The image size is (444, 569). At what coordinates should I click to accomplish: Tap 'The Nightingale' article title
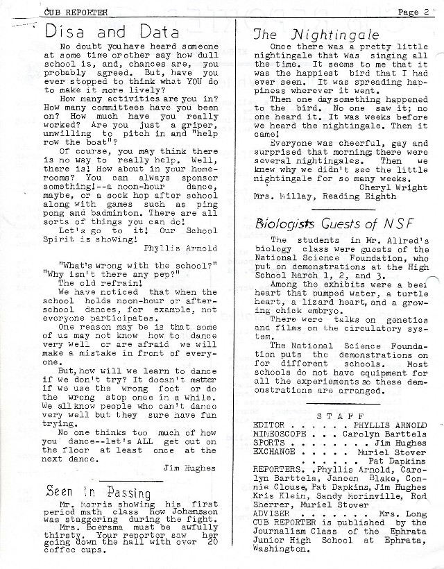(x=307, y=33)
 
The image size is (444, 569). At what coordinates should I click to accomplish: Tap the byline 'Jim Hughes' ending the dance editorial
(x=190, y=468)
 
